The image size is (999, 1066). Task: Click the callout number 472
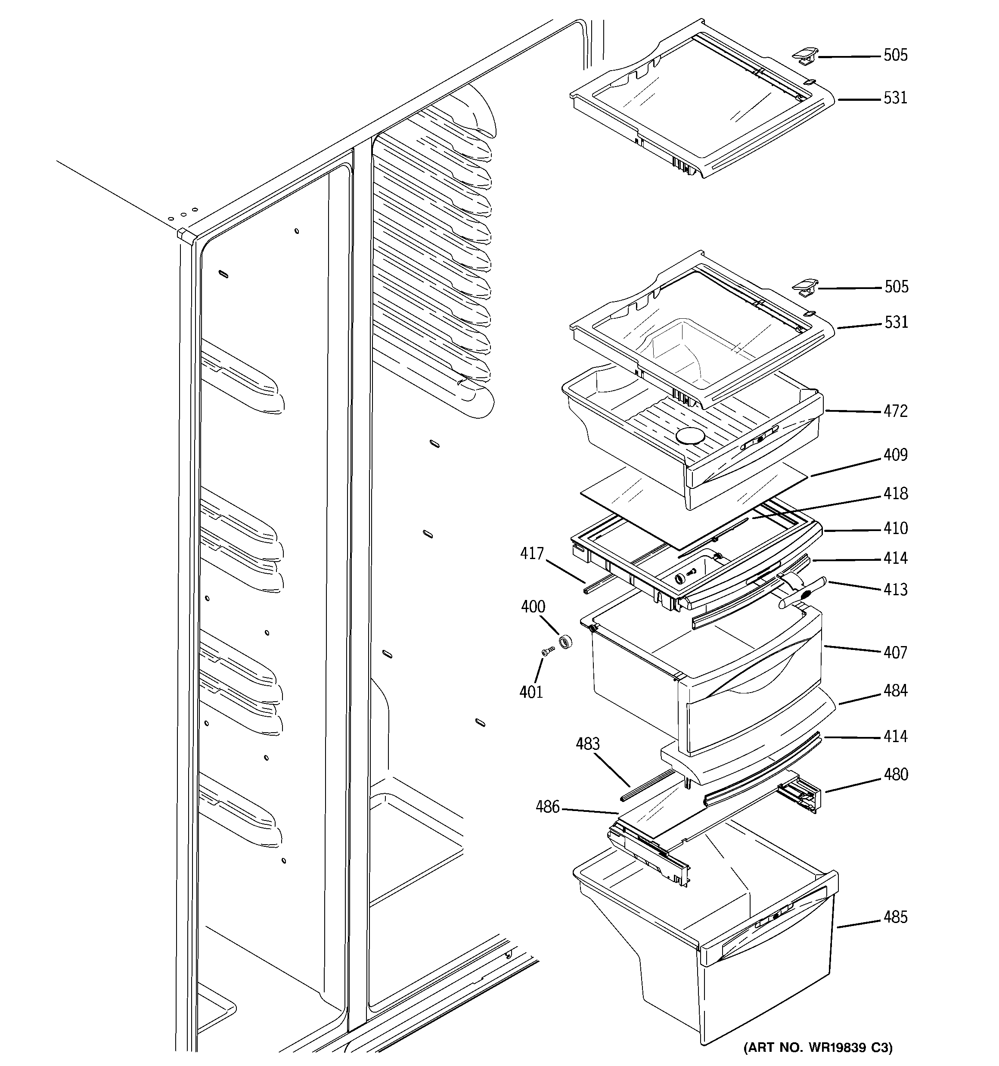coord(896,411)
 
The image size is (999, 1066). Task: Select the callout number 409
coord(896,455)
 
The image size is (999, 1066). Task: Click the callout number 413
coord(896,589)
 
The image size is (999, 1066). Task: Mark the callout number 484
coord(896,691)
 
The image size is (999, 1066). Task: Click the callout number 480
coord(896,774)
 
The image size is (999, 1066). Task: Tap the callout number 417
coord(532,553)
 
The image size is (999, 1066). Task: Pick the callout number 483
coord(588,744)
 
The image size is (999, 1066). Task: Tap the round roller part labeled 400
coord(565,641)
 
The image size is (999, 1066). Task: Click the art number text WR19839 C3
coord(818,1047)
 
